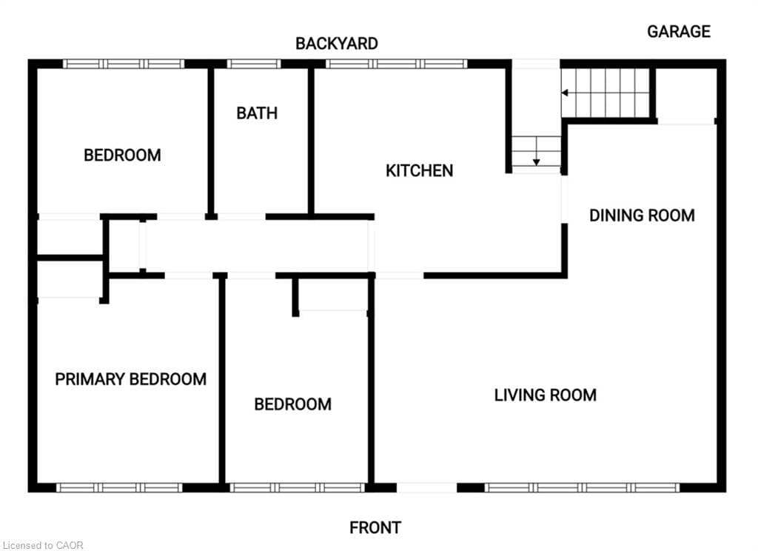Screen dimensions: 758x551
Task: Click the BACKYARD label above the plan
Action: (x=337, y=44)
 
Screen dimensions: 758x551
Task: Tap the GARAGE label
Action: (x=679, y=31)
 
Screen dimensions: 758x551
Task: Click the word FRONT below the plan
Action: (x=375, y=527)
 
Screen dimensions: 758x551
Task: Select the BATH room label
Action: (x=257, y=113)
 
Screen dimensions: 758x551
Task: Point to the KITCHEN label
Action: (x=419, y=171)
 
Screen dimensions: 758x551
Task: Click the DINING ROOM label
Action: (x=642, y=216)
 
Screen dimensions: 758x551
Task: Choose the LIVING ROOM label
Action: (x=546, y=395)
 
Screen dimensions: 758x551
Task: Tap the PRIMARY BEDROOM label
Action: (x=130, y=379)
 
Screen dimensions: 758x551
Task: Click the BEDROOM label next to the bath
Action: (x=122, y=156)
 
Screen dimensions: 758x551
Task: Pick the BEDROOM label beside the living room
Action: (x=293, y=404)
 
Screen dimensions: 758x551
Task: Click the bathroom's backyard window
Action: (x=254, y=64)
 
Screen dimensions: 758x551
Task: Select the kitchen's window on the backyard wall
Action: (x=397, y=64)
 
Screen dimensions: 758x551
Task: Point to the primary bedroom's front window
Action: (x=119, y=487)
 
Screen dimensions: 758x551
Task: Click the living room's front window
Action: (x=582, y=487)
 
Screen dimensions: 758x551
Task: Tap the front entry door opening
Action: (x=427, y=487)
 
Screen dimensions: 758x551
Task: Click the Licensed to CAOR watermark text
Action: (x=43, y=545)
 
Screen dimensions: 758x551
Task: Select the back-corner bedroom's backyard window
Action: (x=124, y=64)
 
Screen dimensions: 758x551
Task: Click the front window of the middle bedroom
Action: (x=298, y=487)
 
